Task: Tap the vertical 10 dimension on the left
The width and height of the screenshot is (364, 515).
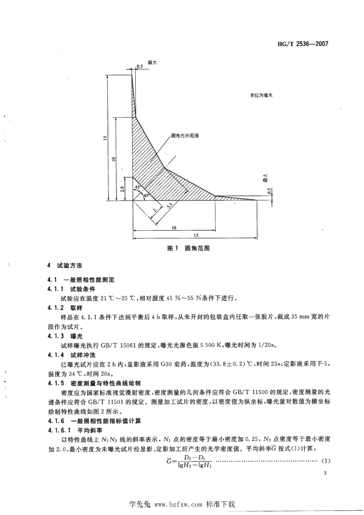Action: point(115,159)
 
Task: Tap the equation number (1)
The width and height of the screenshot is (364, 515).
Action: point(325,460)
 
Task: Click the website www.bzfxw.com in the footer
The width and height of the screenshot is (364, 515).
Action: point(178,503)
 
